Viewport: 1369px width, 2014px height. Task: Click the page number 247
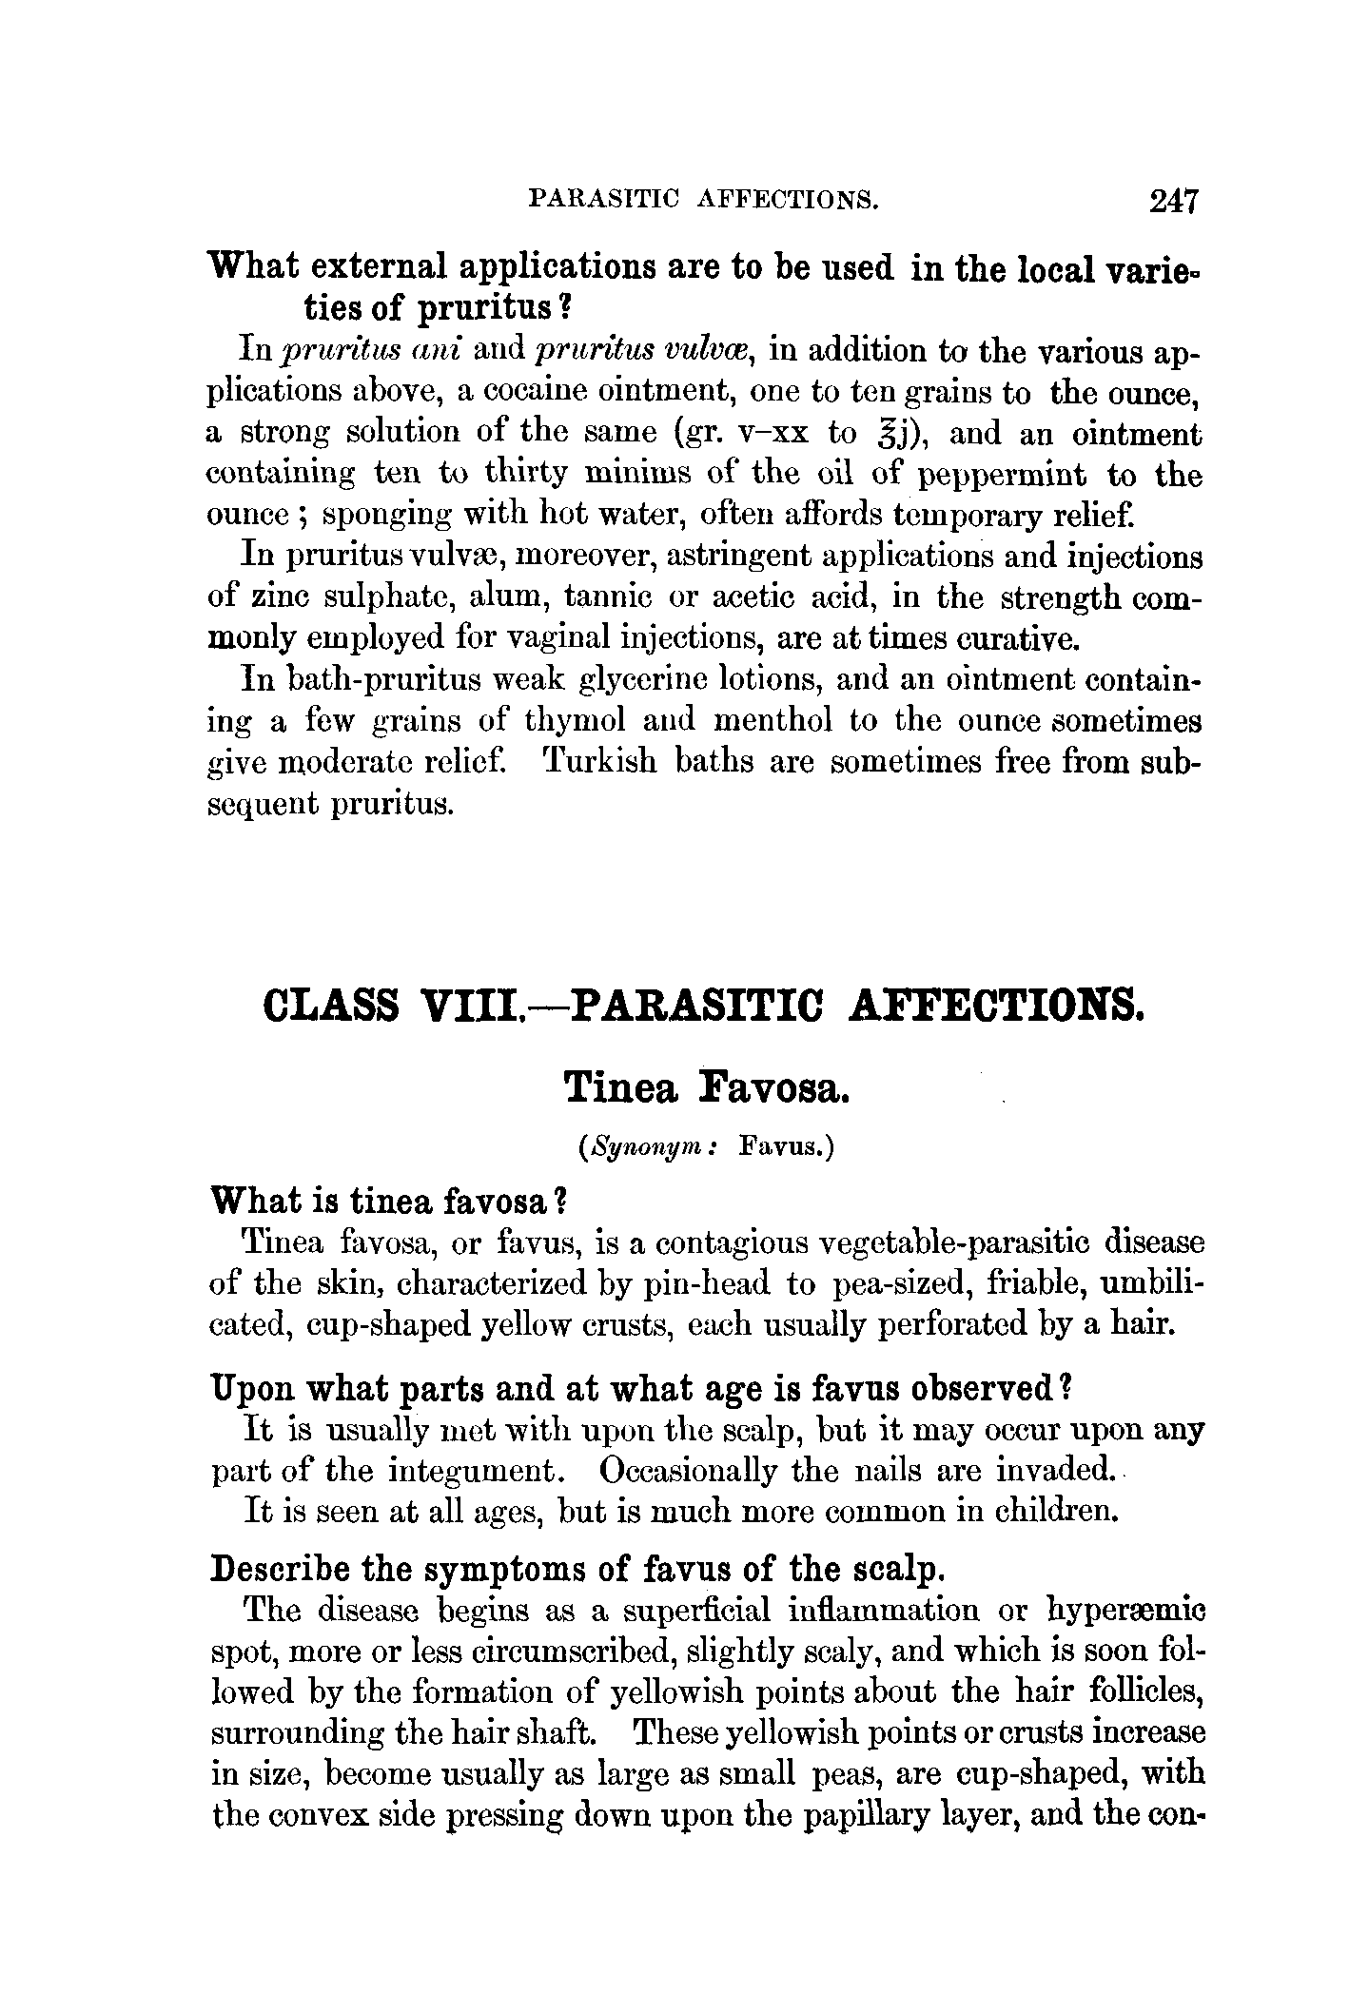[x=1175, y=201]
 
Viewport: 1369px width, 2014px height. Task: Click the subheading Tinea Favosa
[x=705, y=1087]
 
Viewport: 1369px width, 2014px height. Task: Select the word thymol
[x=576, y=720]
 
